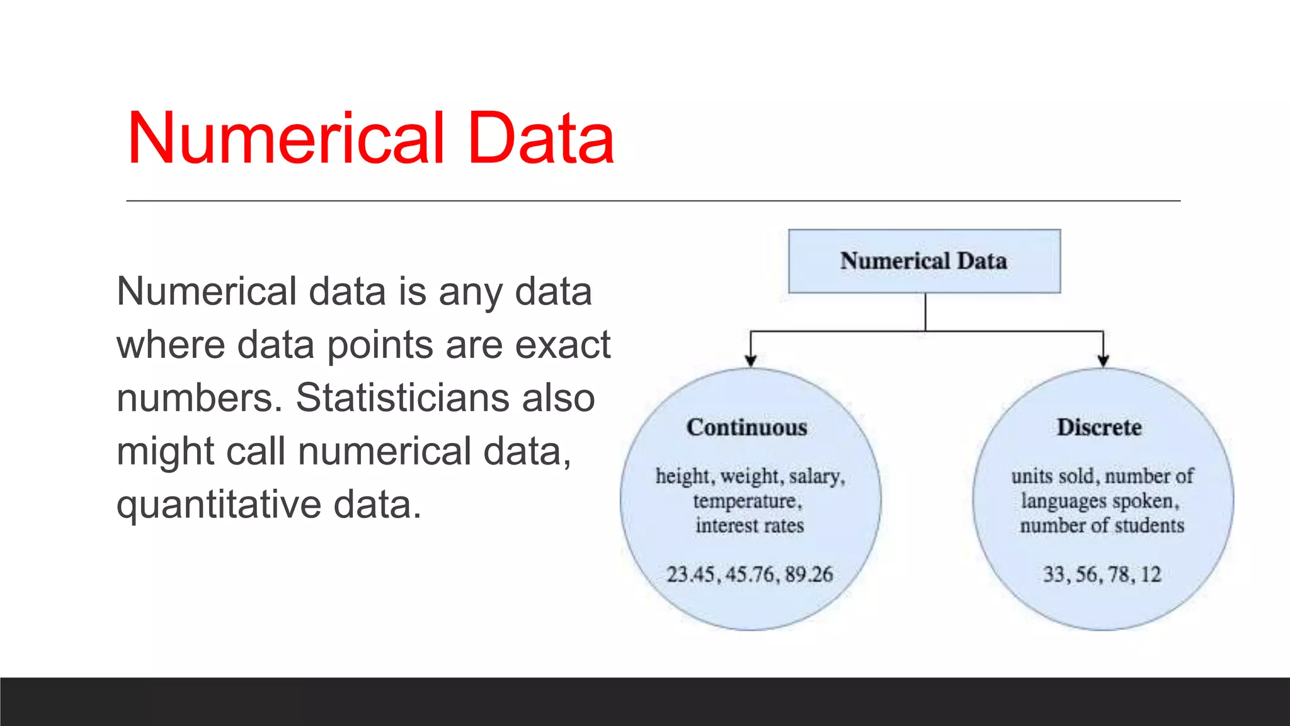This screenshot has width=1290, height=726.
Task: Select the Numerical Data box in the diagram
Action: click(x=924, y=261)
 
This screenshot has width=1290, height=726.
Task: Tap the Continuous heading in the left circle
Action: click(x=747, y=427)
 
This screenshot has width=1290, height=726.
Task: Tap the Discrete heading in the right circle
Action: click(x=1099, y=427)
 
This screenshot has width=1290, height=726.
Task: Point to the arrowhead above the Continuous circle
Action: click(x=750, y=360)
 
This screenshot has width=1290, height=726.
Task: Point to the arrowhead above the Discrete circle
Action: click(x=1103, y=360)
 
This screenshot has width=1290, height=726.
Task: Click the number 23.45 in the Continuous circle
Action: click(x=691, y=574)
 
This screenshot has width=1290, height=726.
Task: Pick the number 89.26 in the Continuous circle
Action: click(x=809, y=574)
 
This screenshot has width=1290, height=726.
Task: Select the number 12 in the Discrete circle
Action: click(x=1150, y=574)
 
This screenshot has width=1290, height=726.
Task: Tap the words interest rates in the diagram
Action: click(x=750, y=526)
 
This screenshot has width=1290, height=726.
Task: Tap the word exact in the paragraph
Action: click(x=562, y=345)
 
